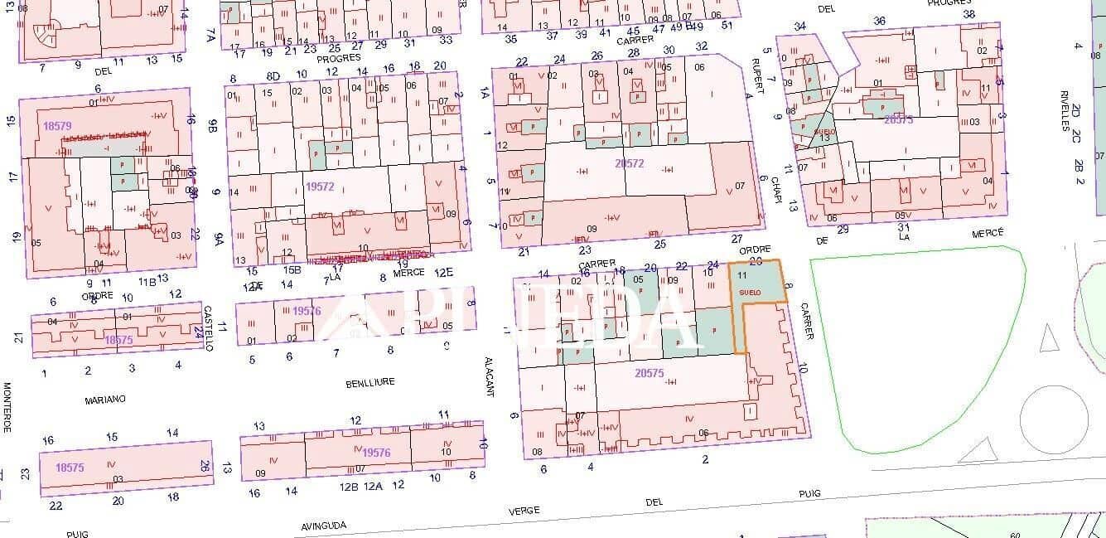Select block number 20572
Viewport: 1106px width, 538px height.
point(630,163)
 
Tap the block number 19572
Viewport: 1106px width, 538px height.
point(319,187)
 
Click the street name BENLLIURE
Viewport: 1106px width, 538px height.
point(369,383)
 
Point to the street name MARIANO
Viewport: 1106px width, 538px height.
point(105,400)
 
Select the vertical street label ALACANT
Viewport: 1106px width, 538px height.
point(490,376)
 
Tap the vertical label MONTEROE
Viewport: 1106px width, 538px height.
point(7,406)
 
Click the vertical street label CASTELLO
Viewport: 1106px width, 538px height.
point(209,327)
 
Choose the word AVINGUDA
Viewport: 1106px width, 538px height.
point(324,526)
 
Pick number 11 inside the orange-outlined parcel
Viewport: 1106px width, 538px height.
point(742,274)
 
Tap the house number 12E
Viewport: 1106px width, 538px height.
point(445,272)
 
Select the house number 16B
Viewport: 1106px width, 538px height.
point(292,269)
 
